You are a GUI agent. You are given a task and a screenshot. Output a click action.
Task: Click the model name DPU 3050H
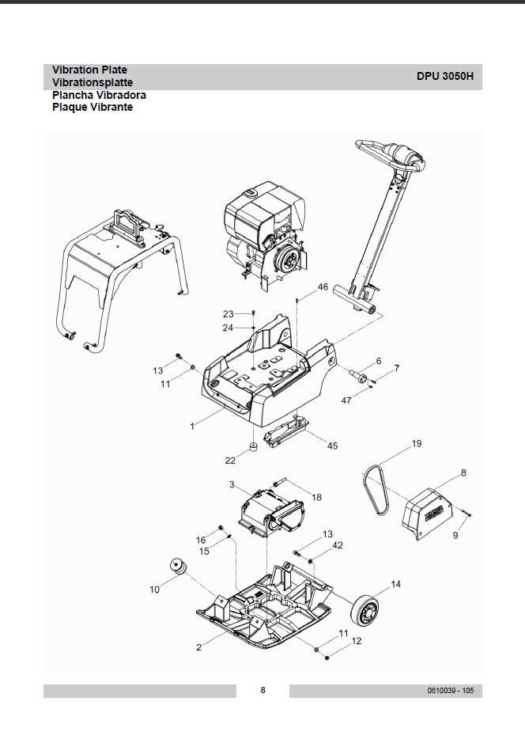coord(445,76)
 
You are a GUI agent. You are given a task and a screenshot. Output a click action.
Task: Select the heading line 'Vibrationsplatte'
coord(93,82)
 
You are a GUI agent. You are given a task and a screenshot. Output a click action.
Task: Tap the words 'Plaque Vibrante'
coord(93,107)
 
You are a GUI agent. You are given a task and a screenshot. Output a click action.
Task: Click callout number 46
coord(323,286)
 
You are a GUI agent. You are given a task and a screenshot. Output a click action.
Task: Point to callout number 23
coord(229,314)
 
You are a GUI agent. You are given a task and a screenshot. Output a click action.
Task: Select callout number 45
coord(332,446)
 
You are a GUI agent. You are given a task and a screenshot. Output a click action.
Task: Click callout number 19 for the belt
coord(417,443)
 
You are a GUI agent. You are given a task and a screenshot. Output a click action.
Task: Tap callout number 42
coord(338,545)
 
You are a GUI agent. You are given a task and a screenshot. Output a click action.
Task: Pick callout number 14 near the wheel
coord(396,584)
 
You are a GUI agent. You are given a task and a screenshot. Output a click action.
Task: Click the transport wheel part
coord(365,612)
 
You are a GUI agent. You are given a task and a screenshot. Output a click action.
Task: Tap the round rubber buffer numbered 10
coord(179,567)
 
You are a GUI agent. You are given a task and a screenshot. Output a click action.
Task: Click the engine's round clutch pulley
coord(289,258)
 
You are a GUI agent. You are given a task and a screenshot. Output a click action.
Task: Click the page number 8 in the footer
coord(262,690)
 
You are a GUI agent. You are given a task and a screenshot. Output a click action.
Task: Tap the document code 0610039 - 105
coord(450,690)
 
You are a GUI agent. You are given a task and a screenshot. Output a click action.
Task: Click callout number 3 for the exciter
coord(232,484)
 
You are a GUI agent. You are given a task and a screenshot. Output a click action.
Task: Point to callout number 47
coord(346,400)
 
